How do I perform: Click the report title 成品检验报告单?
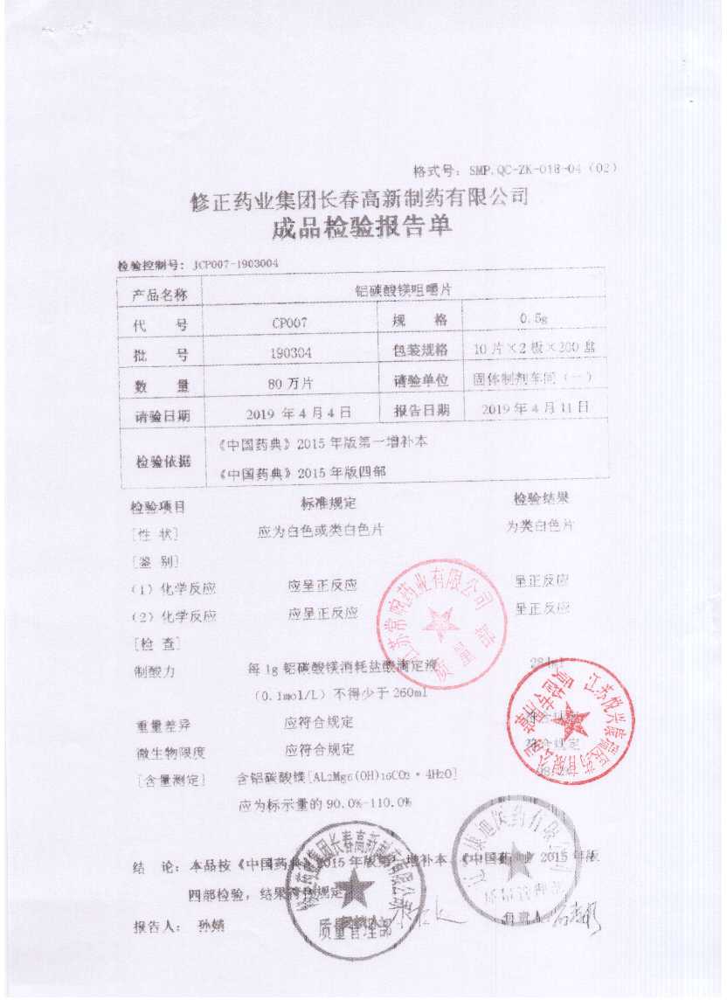(363, 228)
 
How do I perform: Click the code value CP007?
(291, 323)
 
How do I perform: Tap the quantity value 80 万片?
(291, 383)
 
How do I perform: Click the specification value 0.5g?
(534, 320)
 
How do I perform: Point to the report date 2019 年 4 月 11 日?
(536, 408)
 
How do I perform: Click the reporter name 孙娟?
(211, 926)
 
